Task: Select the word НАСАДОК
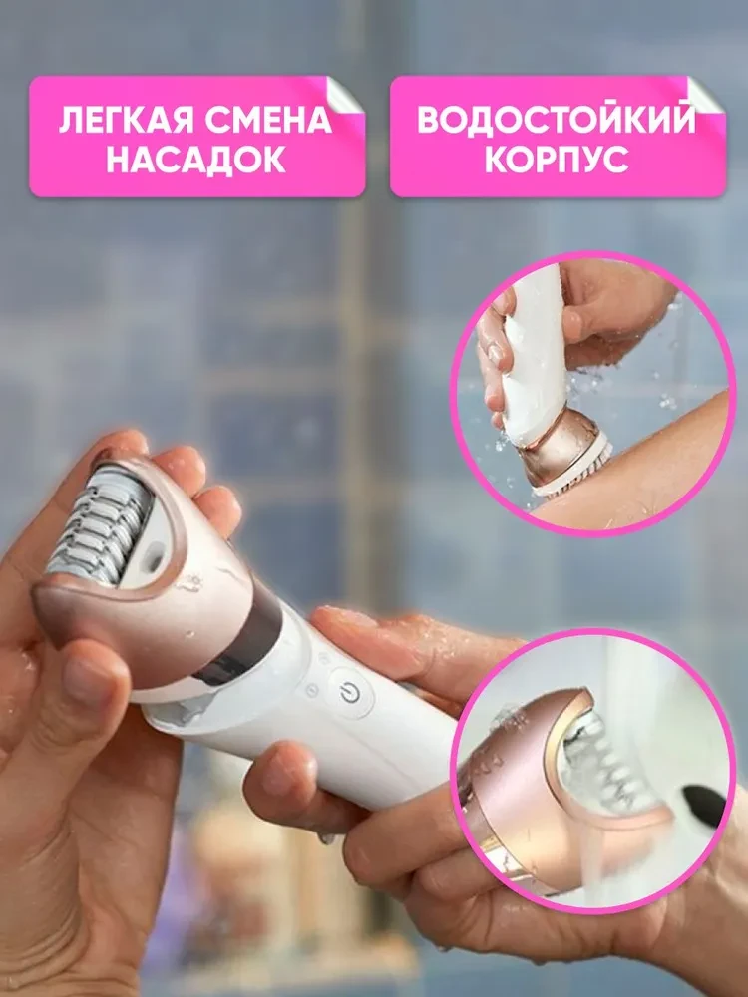pyautogui.click(x=196, y=160)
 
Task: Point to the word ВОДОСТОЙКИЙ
pyautogui.click(x=556, y=120)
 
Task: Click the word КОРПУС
pyautogui.click(x=556, y=160)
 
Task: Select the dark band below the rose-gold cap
pyautogui.click(x=244, y=638)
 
